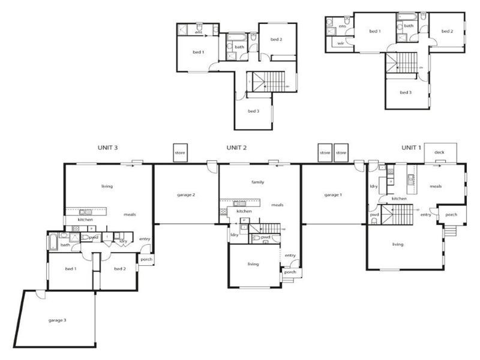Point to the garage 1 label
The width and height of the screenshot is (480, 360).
[x=332, y=195]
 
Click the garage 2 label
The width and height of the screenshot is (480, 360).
[x=185, y=195]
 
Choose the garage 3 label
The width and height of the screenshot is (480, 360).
[x=57, y=320]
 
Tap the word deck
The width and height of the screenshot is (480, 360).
[x=439, y=153]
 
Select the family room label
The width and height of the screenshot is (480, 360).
[x=258, y=182]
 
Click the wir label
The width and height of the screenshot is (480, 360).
[x=340, y=43]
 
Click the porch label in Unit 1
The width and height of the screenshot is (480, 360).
[x=451, y=214]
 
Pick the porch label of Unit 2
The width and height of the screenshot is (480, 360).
[x=290, y=272]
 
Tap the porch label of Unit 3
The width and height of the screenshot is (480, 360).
[x=146, y=260]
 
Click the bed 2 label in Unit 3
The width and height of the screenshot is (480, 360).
[x=119, y=269]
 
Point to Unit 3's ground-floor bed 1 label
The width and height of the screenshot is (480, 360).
[x=70, y=269]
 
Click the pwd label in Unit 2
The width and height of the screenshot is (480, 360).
[x=265, y=238]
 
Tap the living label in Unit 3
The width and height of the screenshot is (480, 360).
[x=107, y=186]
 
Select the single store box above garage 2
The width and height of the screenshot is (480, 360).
[x=180, y=153]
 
